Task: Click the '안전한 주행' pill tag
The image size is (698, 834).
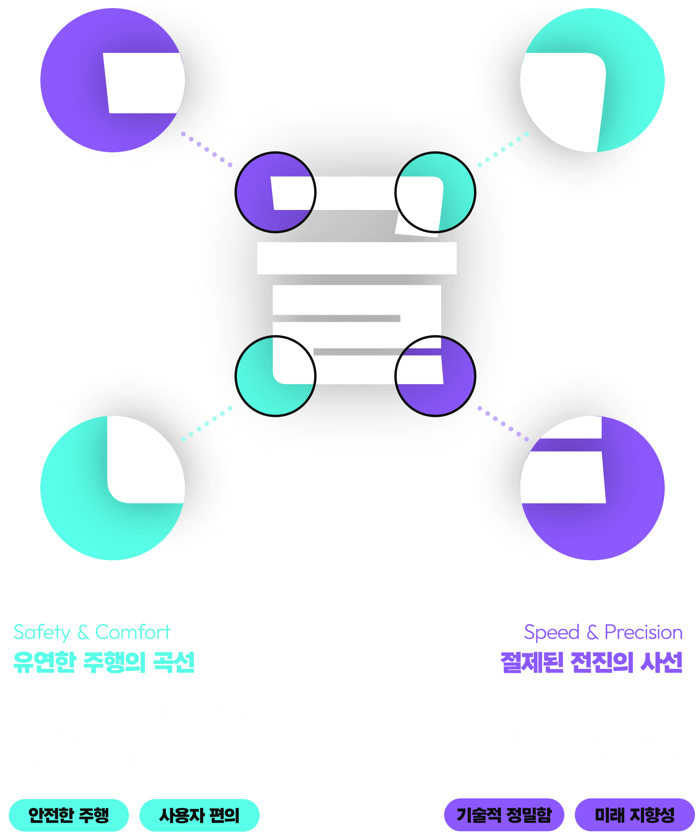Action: click(69, 815)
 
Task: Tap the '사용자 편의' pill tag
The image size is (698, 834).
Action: click(199, 815)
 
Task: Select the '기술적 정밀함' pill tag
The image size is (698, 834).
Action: click(504, 815)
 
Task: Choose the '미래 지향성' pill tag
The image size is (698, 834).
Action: click(635, 815)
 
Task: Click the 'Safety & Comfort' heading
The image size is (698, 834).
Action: click(92, 632)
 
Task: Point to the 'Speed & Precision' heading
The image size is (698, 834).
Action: click(603, 632)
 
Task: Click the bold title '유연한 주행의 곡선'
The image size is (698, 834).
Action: click(104, 662)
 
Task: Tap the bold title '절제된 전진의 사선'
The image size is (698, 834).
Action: click(591, 662)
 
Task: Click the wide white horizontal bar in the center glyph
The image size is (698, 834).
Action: click(357, 258)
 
